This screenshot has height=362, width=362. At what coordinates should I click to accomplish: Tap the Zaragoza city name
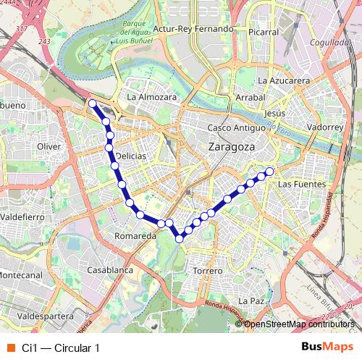tap(231, 146)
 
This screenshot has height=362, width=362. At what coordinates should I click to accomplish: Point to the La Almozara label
tap(151, 96)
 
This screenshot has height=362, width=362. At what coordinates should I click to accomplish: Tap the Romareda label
tap(136, 236)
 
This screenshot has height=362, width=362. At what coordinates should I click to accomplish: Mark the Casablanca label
tap(109, 269)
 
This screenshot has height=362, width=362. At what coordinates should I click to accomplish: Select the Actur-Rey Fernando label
tap(192, 29)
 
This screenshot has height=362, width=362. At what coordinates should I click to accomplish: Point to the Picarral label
tap(262, 32)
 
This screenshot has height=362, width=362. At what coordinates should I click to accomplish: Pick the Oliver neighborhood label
tap(49, 146)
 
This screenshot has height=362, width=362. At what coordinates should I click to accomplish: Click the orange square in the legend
tap(10, 348)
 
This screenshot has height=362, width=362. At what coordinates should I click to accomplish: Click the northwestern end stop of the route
tap(92, 104)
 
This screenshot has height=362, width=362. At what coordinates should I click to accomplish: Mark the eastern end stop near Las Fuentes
tap(269, 172)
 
